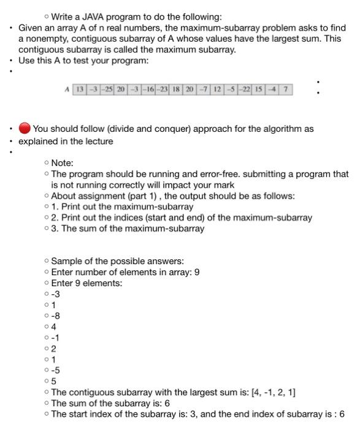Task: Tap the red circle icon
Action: coord(25,129)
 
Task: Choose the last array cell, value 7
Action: coord(286,89)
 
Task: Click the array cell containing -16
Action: coord(148,89)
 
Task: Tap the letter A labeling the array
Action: coord(66,90)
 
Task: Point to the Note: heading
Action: coord(62,163)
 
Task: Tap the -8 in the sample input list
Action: coord(56,316)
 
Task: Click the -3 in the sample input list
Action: coord(56,294)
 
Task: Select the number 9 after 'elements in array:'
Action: coord(196,271)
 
